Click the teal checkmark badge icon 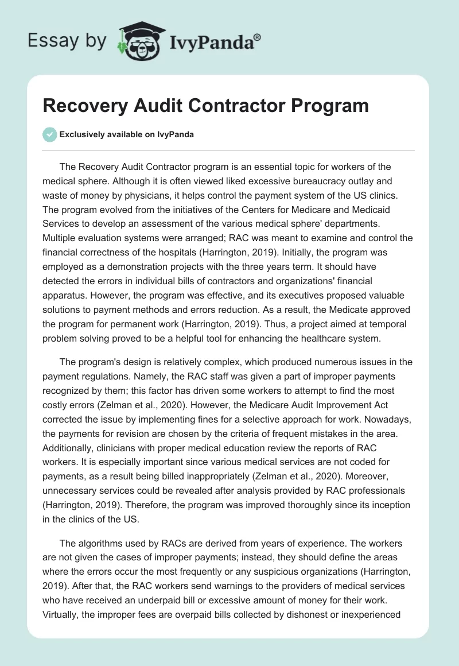49,134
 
